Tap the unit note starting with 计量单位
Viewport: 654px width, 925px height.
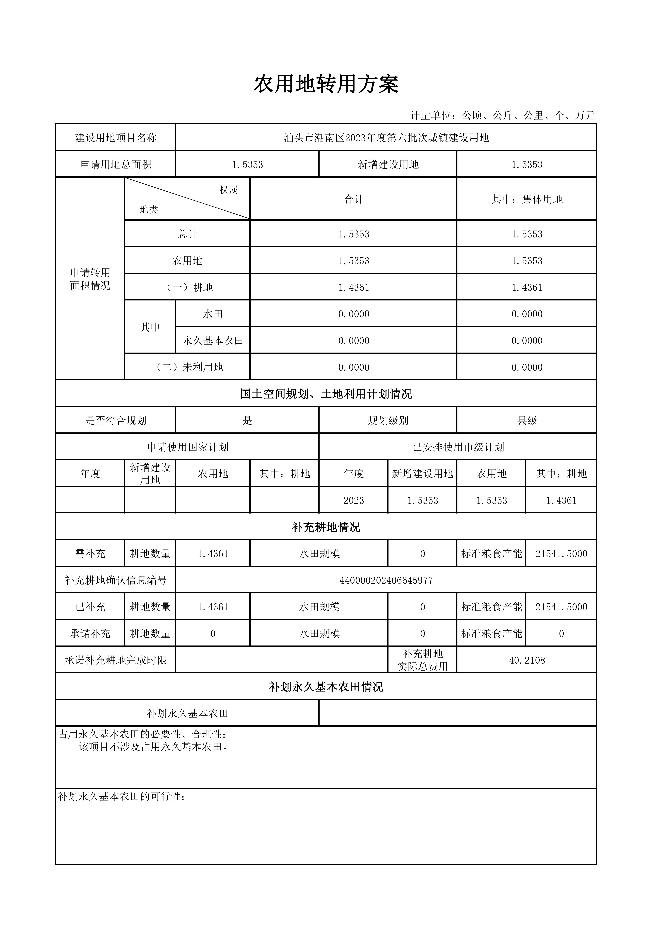[x=502, y=116]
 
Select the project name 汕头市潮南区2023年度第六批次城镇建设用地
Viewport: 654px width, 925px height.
[x=386, y=138]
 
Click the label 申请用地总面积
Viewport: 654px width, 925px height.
[x=116, y=164]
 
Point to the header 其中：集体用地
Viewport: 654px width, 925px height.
[x=527, y=199]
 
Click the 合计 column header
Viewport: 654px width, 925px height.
[x=353, y=199]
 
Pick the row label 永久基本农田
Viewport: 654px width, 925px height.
[x=213, y=340]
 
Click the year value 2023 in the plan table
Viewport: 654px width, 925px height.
[x=353, y=500]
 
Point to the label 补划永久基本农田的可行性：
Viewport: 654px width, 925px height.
[x=122, y=796]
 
